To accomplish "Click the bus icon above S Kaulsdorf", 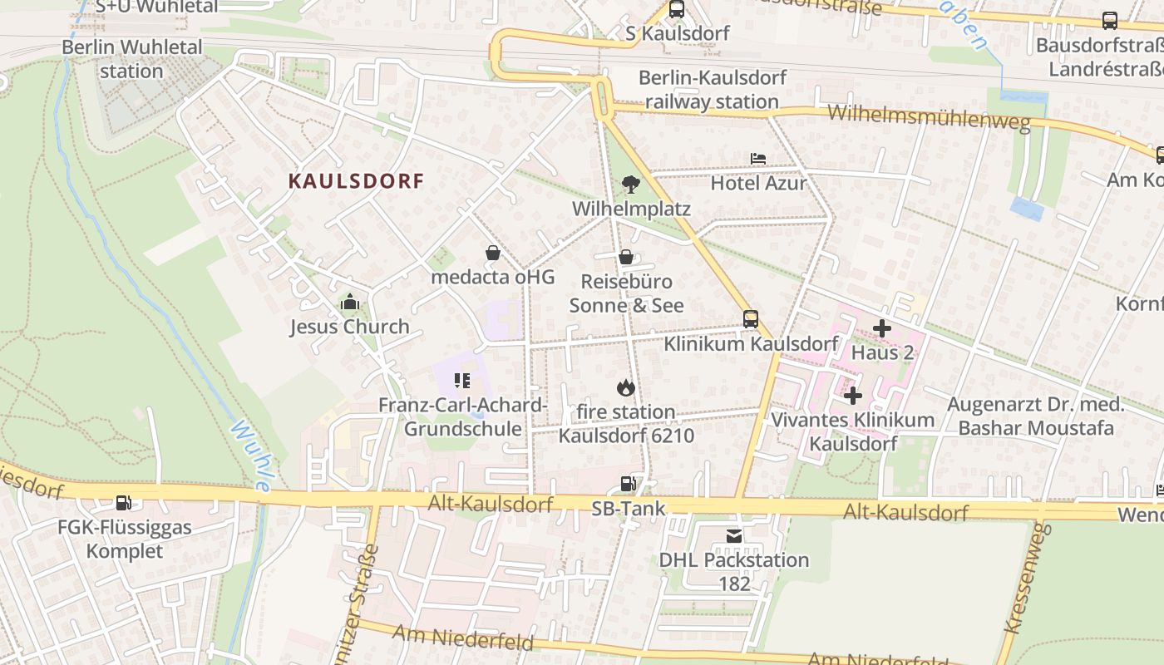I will click(x=677, y=10).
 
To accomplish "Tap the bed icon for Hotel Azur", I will click(x=757, y=158).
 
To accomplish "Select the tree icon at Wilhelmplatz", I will click(x=630, y=184).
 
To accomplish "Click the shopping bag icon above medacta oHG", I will click(x=492, y=253).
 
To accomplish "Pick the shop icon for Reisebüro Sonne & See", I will click(x=626, y=258).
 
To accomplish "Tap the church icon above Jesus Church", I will click(x=349, y=303).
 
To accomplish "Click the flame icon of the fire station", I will click(x=625, y=387).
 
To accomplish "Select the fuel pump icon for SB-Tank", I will click(x=629, y=484).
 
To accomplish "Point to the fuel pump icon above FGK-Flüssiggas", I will click(x=123, y=502).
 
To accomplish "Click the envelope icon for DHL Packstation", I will click(x=733, y=536).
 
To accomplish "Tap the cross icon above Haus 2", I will click(x=882, y=328).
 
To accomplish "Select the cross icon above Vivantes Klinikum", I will click(x=852, y=396).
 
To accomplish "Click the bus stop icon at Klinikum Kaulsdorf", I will click(x=750, y=318).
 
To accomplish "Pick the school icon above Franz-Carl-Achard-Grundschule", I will click(x=462, y=381).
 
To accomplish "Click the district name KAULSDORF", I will click(x=356, y=181).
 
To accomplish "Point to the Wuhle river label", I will click(x=250, y=456).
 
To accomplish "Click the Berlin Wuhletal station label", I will click(x=131, y=58).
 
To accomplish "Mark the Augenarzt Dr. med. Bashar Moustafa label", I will click(x=1036, y=416).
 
